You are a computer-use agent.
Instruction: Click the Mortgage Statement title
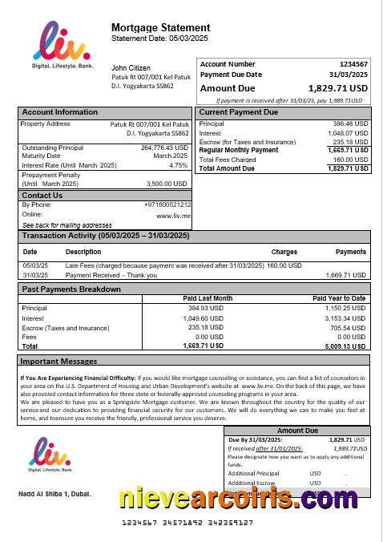coord(160,27)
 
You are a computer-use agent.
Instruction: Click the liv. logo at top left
coord(61,44)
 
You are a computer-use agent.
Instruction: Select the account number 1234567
coord(353,63)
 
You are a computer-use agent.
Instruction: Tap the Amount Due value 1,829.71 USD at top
coord(337,88)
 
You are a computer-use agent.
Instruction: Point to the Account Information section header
coord(60,112)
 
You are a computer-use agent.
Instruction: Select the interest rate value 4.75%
coord(179,165)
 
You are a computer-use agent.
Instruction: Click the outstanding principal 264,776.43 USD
coord(164,148)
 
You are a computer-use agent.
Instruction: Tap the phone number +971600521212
coord(166,205)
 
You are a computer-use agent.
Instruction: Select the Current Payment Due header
coord(238,112)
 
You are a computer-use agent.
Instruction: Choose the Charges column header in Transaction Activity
coord(284,252)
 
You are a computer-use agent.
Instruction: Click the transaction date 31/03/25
coord(34,275)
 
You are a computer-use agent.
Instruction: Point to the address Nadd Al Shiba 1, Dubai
coord(54,493)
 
